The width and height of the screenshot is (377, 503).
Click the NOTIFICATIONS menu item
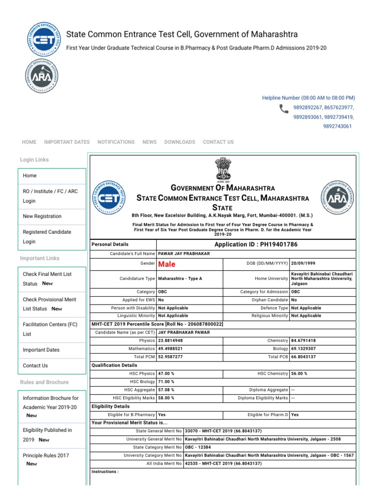[116, 142]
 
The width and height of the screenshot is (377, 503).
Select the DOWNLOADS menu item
[180, 142]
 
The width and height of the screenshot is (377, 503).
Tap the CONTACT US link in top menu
[218, 142]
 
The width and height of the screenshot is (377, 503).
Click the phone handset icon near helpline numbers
[284, 109]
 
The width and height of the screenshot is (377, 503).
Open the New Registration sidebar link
[42, 216]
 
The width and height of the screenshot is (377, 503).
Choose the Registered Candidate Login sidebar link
[47, 237]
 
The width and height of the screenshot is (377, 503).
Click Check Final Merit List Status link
[47, 279]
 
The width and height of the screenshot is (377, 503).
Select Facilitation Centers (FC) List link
[50, 329]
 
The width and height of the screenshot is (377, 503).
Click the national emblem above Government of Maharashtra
[222, 169]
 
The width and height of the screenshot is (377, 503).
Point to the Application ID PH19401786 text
[256, 244]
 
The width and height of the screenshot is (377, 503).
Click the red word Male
[167, 264]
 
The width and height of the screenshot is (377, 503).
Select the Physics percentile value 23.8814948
[170, 340]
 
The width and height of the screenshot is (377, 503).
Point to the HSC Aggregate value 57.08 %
[166, 390]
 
